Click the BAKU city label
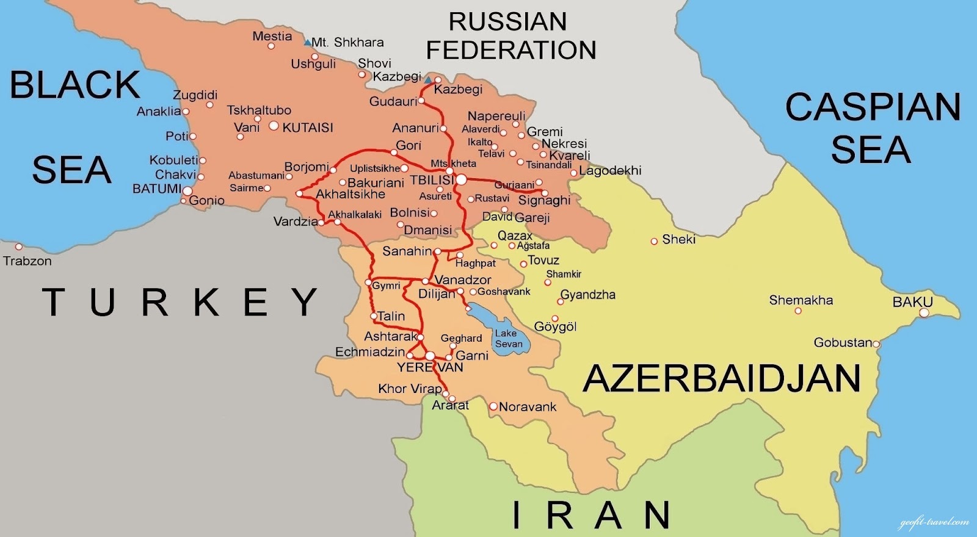912,301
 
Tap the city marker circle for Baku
924,313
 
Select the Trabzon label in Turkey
27,261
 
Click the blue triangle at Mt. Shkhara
307,43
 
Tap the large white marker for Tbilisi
461,179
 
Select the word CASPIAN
873,107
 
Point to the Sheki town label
678,239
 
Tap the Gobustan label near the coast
843,342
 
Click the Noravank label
528,406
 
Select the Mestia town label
272,36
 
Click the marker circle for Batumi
187,191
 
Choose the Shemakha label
801,300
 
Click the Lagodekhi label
610,170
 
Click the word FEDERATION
511,50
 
